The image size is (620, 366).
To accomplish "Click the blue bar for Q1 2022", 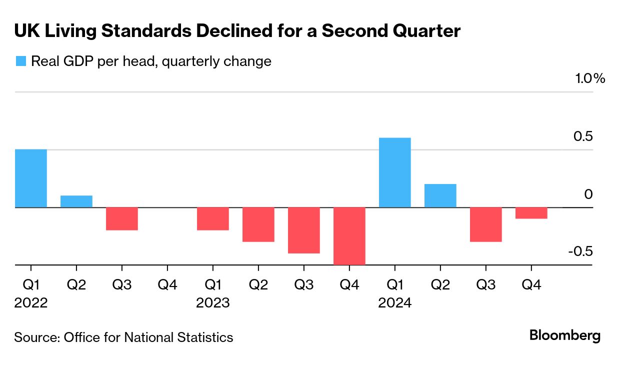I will tap(31, 178).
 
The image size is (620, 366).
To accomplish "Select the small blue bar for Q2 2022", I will tap(76, 201).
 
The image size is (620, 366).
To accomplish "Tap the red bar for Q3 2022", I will tap(122, 218).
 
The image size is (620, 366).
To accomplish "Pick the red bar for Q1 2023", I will tap(213, 218).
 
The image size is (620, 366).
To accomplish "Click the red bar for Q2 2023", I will tap(258, 224).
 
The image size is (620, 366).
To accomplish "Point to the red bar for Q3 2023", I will tap(304, 230).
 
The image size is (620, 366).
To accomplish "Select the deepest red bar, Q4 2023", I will tap(349, 235).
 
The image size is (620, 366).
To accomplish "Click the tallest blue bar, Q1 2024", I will tap(395, 172).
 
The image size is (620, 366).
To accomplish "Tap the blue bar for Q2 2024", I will tap(440, 195).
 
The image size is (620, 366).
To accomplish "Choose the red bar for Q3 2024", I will tap(486, 224).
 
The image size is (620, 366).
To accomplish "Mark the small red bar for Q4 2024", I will tap(531, 213).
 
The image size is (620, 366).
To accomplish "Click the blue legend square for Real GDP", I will tap(20, 61).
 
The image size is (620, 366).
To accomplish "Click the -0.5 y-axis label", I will tap(580, 251).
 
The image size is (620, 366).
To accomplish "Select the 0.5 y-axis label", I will tap(583, 136).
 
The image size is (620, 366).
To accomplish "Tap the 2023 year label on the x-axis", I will tap(213, 303).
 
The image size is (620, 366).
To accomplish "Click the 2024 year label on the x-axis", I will tap(395, 303).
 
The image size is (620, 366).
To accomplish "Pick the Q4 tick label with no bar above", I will tap(167, 285).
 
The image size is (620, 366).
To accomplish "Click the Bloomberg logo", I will tap(565, 335).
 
